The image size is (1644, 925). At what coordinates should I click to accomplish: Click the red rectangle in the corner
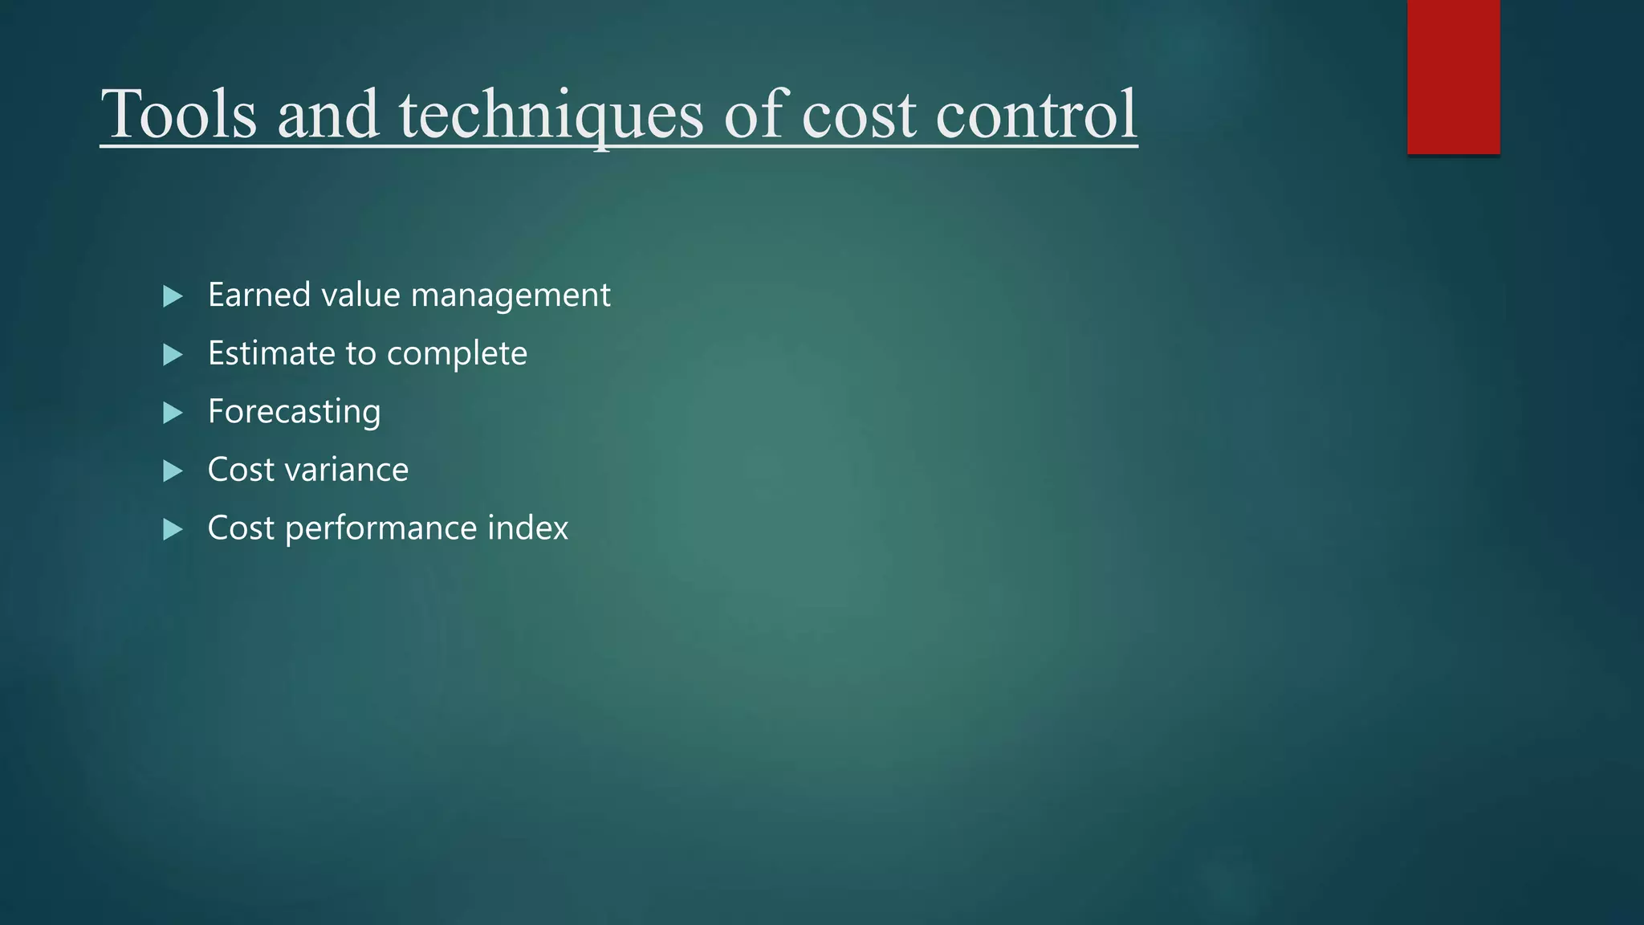pos(1453,76)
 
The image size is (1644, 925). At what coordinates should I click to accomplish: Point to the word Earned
pos(258,295)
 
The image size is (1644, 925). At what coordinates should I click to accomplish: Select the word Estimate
pos(270,353)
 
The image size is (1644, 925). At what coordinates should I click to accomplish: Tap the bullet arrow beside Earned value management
pos(173,296)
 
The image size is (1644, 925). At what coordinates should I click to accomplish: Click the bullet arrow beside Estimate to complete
pos(173,355)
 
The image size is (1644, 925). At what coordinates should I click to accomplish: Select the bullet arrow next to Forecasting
pos(173,413)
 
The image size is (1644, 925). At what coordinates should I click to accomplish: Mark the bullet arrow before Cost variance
pos(173,471)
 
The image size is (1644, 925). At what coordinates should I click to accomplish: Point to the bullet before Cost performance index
pos(173,529)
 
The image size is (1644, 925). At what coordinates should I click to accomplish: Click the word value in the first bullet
pos(360,295)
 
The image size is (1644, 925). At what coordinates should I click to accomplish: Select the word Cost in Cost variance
pos(241,470)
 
